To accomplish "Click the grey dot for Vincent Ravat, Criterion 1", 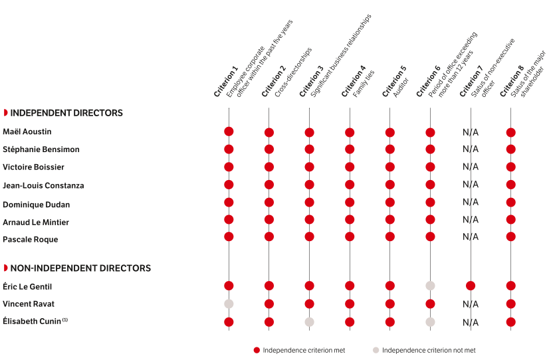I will tap(229, 304).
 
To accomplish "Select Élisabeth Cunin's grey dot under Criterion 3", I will tap(309, 322).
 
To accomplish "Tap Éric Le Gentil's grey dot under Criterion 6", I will tap(430, 286).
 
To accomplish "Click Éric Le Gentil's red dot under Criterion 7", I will tap(471, 286).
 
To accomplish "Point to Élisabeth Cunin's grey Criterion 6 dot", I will tap(430, 322).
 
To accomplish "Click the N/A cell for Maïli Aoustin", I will tap(471, 132).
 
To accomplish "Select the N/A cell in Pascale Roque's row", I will tap(471, 236).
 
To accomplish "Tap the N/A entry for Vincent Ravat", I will tap(471, 304).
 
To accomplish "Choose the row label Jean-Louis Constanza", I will tap(34, 185).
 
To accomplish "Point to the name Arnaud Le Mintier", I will tap(36, 222).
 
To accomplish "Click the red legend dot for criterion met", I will tap(257, 350).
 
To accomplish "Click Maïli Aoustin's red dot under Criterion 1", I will tap(229, 132).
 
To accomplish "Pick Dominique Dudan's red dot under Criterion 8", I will tap(510, 202).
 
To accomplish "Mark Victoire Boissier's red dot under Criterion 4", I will tap(350, 167).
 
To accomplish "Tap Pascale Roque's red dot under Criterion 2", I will tap(269, 236).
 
